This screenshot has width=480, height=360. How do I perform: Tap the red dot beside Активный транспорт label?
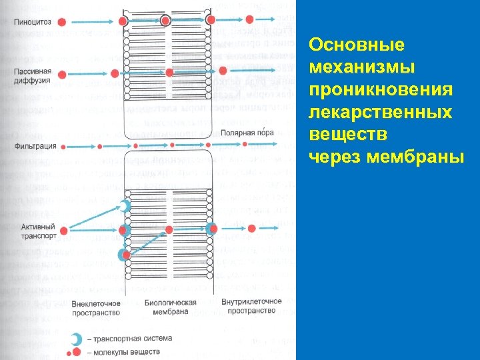pos(64,231)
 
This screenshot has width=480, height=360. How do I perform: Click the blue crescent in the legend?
pos(77,339)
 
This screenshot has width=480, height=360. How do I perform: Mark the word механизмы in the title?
pos(363,67)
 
